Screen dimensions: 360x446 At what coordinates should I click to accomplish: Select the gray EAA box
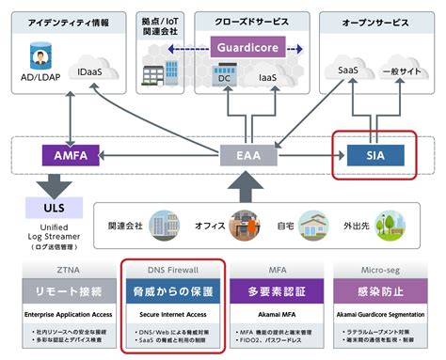242,154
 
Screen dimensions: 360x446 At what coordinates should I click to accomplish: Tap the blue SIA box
374,153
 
